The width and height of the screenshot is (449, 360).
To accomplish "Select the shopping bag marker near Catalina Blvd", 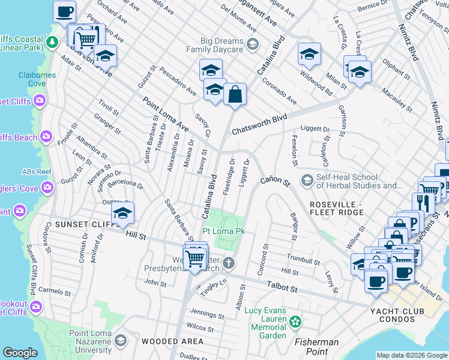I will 235,95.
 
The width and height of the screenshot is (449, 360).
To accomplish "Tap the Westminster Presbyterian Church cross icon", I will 228,263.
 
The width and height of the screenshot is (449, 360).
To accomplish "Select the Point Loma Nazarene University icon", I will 120,341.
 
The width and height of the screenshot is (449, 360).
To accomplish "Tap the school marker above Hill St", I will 122,214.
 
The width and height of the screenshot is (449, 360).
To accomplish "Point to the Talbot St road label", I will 282,289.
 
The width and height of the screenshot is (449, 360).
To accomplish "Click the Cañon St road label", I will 274,181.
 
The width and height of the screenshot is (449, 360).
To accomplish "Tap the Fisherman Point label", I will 316,343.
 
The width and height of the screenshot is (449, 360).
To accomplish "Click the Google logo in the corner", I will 20,353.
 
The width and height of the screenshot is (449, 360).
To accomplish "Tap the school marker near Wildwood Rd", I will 309,55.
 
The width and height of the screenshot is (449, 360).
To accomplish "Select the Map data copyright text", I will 412,355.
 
